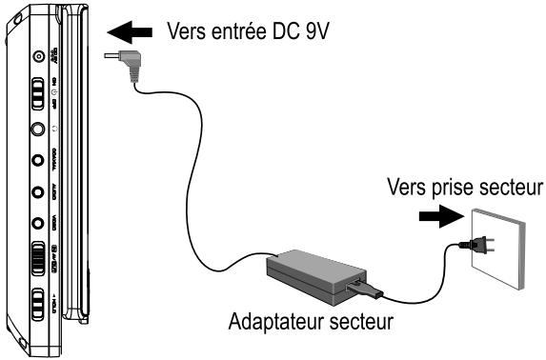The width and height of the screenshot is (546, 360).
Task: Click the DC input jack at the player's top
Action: coord(39,56)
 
